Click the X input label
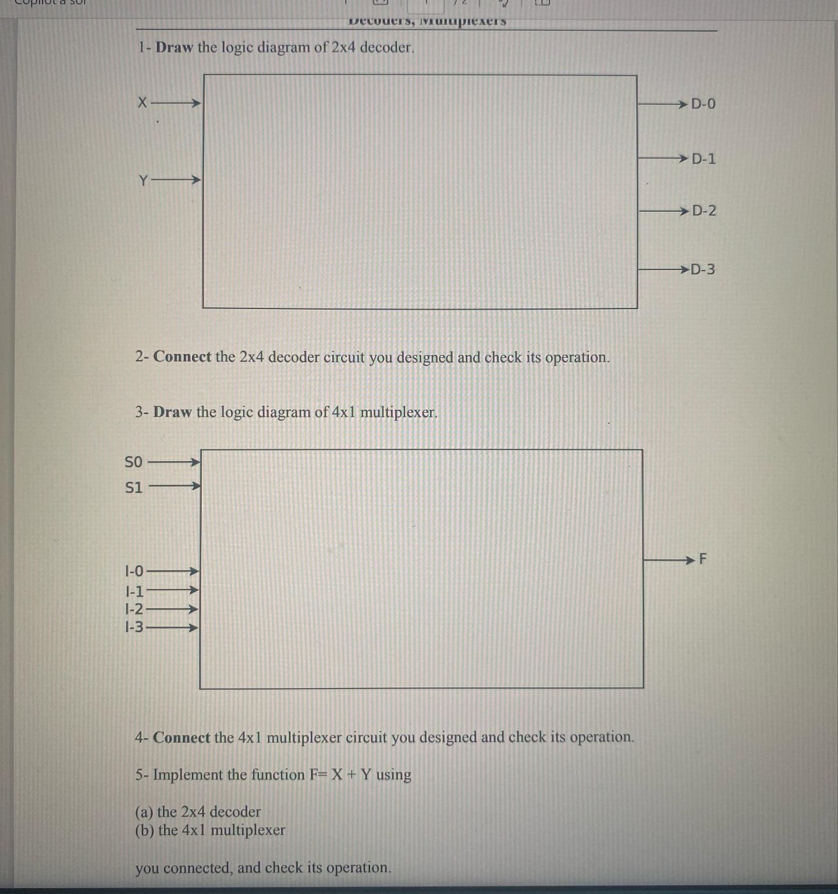coord(142,103)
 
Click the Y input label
coord(143,180)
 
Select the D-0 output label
coord(703,104)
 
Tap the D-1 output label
coord(704,158)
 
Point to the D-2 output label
coord(704,211)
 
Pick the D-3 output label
coord(702,269)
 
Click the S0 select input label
coord(134,462)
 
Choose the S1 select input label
coord(134,487)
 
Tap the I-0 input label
coord(134,571)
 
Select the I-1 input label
coord(134,591)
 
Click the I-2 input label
coord(134,609)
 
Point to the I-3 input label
coord(134,627)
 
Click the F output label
coord(702,559)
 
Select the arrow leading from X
coord(175,104)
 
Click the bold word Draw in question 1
coord(174,48)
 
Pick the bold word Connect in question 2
coord(182,357)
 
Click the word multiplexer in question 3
coord(399,413)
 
